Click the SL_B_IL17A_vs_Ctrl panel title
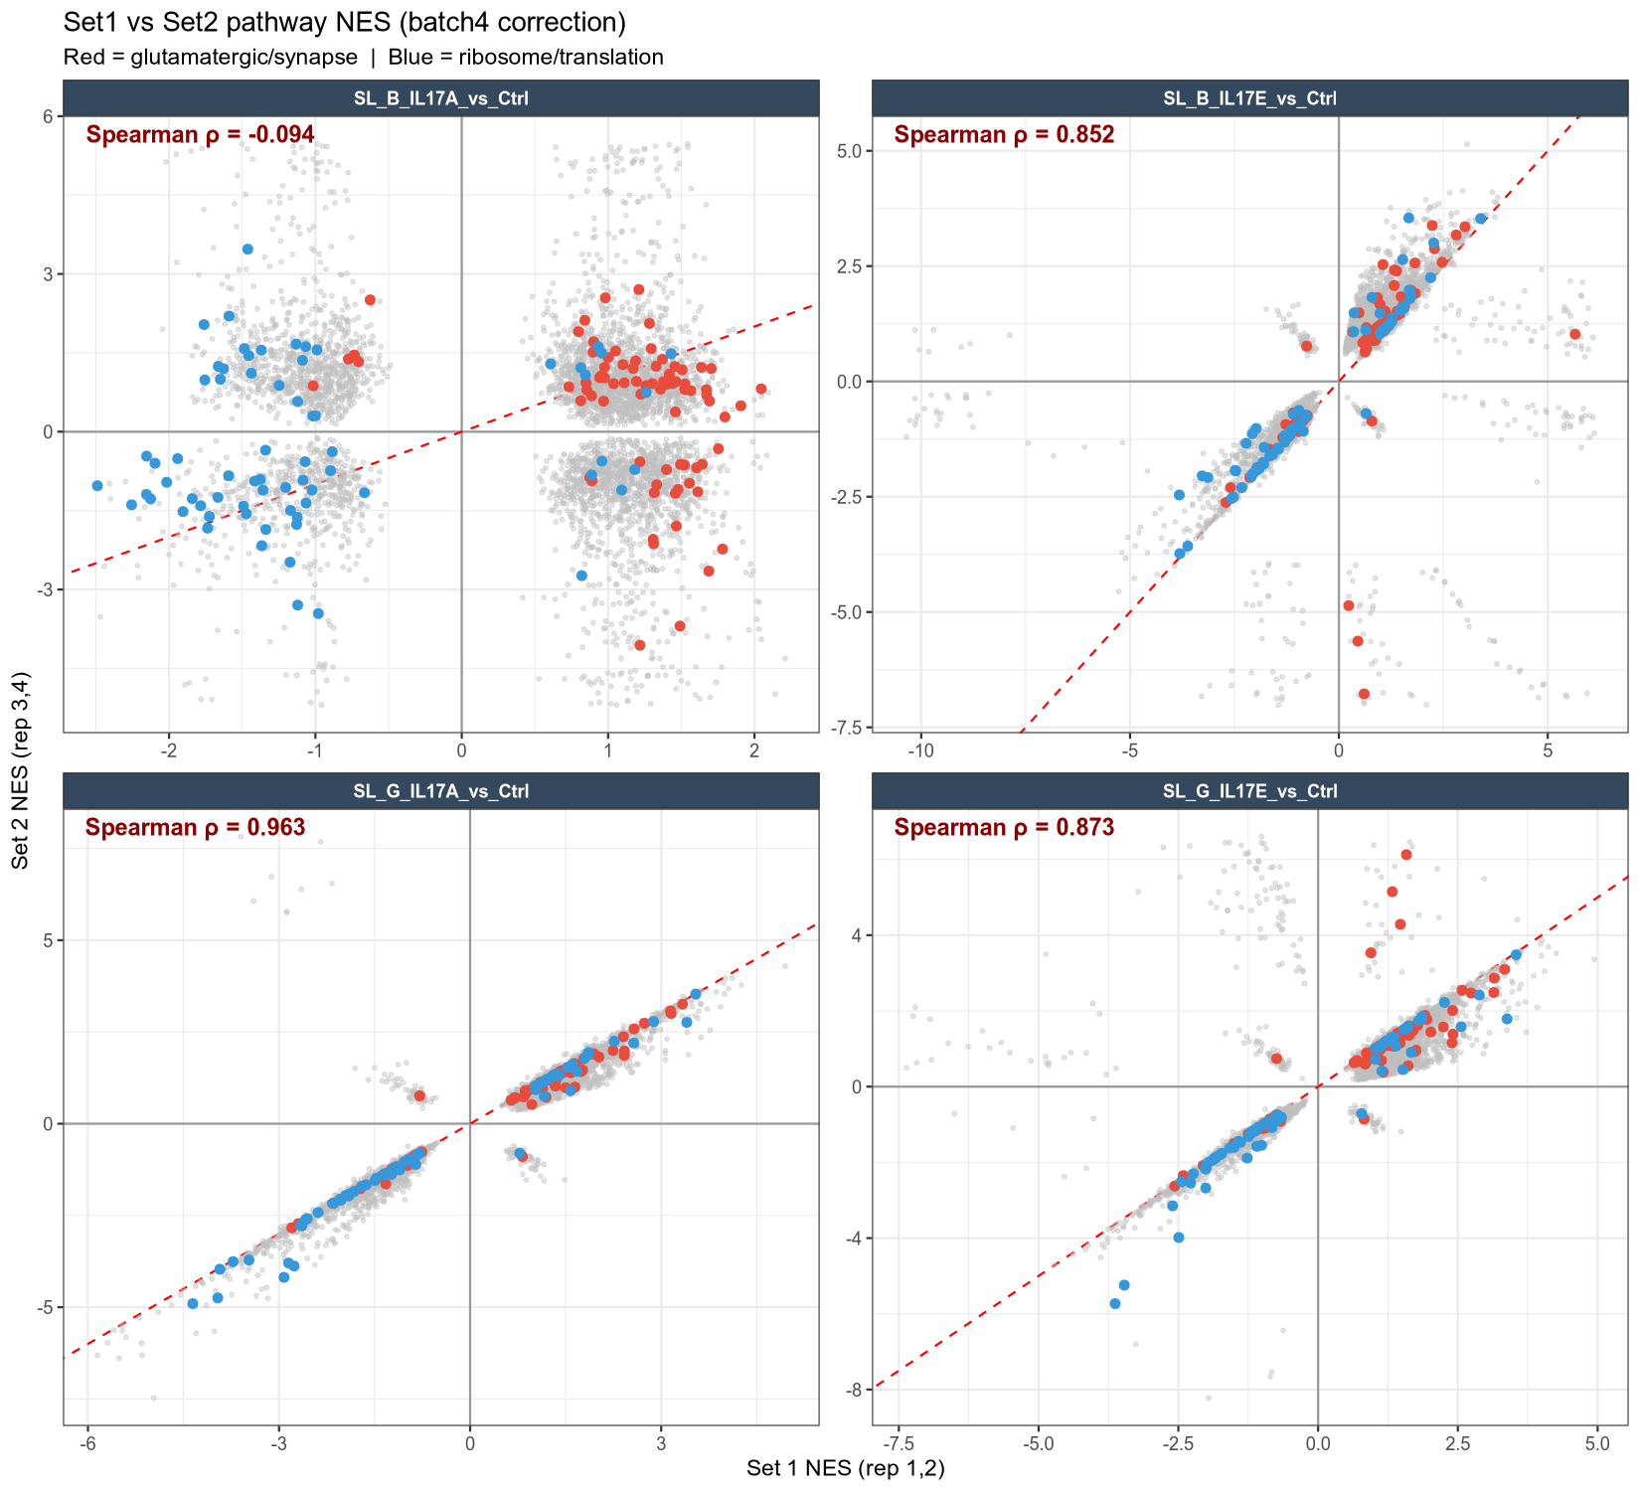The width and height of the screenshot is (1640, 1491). (x=441, y=98)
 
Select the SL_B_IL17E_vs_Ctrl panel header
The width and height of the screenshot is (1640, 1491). (x=1250, y=98)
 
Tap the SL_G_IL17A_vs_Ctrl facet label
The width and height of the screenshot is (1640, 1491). (x=441, y=792)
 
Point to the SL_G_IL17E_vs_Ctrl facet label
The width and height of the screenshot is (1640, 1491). (x=1250, y=792)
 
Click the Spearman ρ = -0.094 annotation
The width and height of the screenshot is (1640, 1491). (x=201, y=134)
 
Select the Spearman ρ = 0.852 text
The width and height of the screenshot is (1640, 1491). (x=1005, y=134)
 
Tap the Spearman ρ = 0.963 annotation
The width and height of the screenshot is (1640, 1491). (x=196, y=828)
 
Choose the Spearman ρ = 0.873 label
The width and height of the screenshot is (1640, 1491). (x=1005, y=828)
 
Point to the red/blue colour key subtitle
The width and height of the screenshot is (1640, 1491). (x=363, y=57)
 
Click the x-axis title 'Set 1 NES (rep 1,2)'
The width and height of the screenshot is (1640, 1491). (x=846, y=1468)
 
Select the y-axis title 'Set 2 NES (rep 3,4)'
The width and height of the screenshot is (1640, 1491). (x=21, y=771)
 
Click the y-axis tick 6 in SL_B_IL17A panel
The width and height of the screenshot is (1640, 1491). (x=48, y=116)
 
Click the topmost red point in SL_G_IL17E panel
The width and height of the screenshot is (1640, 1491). (x=1406, y=855)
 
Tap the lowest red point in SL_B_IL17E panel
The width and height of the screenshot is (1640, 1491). (x=1364, y=694)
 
